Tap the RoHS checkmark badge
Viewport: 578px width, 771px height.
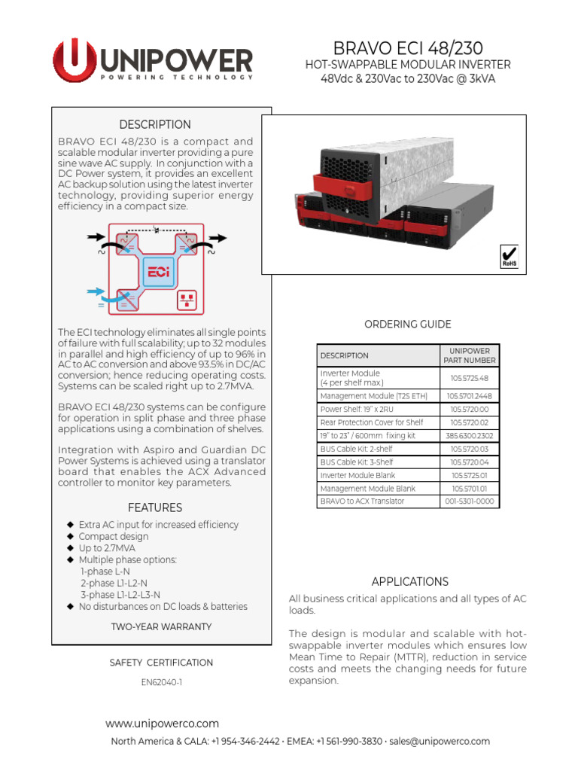510,256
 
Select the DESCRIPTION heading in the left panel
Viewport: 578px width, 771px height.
155,124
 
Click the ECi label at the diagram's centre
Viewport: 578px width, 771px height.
158,271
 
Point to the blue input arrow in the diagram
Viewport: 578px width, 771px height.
97,291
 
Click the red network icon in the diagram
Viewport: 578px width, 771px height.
186,301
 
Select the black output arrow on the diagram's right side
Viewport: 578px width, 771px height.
218,237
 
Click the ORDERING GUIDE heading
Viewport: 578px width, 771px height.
407,325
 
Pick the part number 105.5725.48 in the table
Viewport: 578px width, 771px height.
469,378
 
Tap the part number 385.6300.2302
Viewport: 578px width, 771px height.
469,436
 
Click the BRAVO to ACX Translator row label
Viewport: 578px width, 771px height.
362,501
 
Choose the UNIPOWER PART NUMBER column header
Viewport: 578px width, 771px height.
469,355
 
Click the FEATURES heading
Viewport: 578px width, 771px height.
155,507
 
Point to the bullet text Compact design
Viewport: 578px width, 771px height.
114,537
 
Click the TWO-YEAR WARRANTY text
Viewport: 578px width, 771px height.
161,626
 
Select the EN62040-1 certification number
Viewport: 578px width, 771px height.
161,683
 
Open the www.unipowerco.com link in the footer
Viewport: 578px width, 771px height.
162,724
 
